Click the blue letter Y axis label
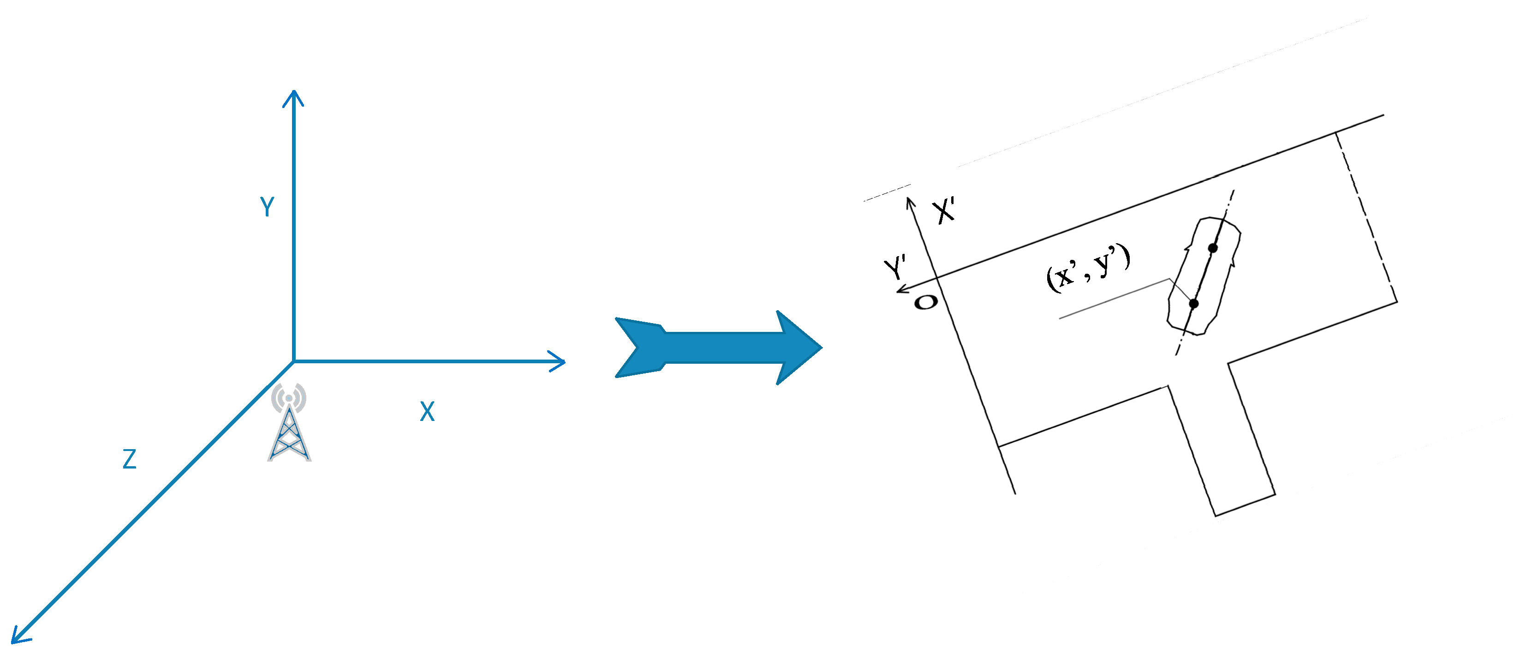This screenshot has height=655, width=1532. [x=267, y=207]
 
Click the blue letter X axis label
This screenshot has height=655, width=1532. [x=427, y=411]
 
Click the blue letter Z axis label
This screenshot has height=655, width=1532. [x=129, y=459]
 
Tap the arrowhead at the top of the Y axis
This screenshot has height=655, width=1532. [x=293, y=96]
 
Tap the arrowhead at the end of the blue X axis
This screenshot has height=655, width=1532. [x=558, y=361]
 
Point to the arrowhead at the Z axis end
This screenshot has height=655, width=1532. [x=18, y=635]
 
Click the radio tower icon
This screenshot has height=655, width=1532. [x=289, y=431]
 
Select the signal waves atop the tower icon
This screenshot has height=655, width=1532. [x=289, y=396]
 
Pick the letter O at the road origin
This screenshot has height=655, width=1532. [x=925, y=302]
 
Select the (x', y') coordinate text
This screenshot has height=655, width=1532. [x=1088, y=267]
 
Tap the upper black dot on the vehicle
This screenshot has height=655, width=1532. [x=1213, y=247]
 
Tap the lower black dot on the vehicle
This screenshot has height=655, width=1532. [x=1193, y=303]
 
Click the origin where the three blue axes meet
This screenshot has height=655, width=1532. [x=294, y=361]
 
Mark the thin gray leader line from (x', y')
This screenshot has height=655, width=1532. [x=1112, y=299]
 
